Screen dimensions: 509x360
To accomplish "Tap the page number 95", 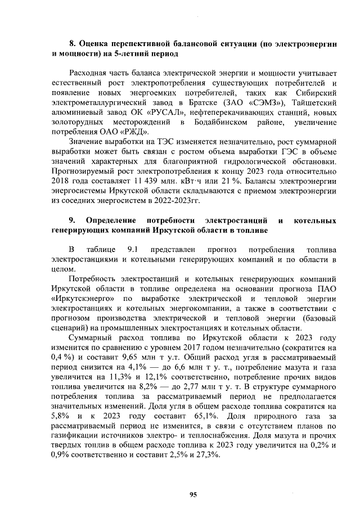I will (193, 494).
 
